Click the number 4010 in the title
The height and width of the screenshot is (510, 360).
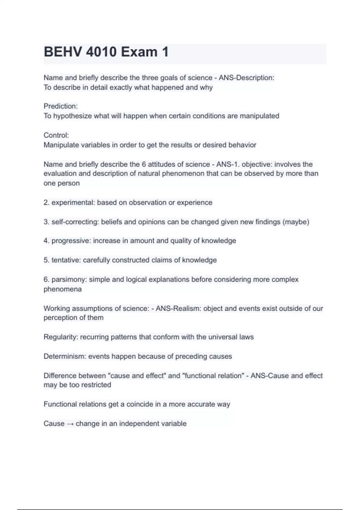(101, 52)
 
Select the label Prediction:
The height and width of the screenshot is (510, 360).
(61, 106)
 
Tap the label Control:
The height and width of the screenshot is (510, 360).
(56, 135)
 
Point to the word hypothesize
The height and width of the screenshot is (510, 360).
(72, 116)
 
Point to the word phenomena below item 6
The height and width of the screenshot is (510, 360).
(62, 289)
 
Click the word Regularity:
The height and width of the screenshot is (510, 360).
(61, 337)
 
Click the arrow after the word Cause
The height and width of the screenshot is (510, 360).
(70, 424)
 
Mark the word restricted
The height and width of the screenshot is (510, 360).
(94, 385)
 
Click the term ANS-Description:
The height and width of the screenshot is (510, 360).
(246, 78)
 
